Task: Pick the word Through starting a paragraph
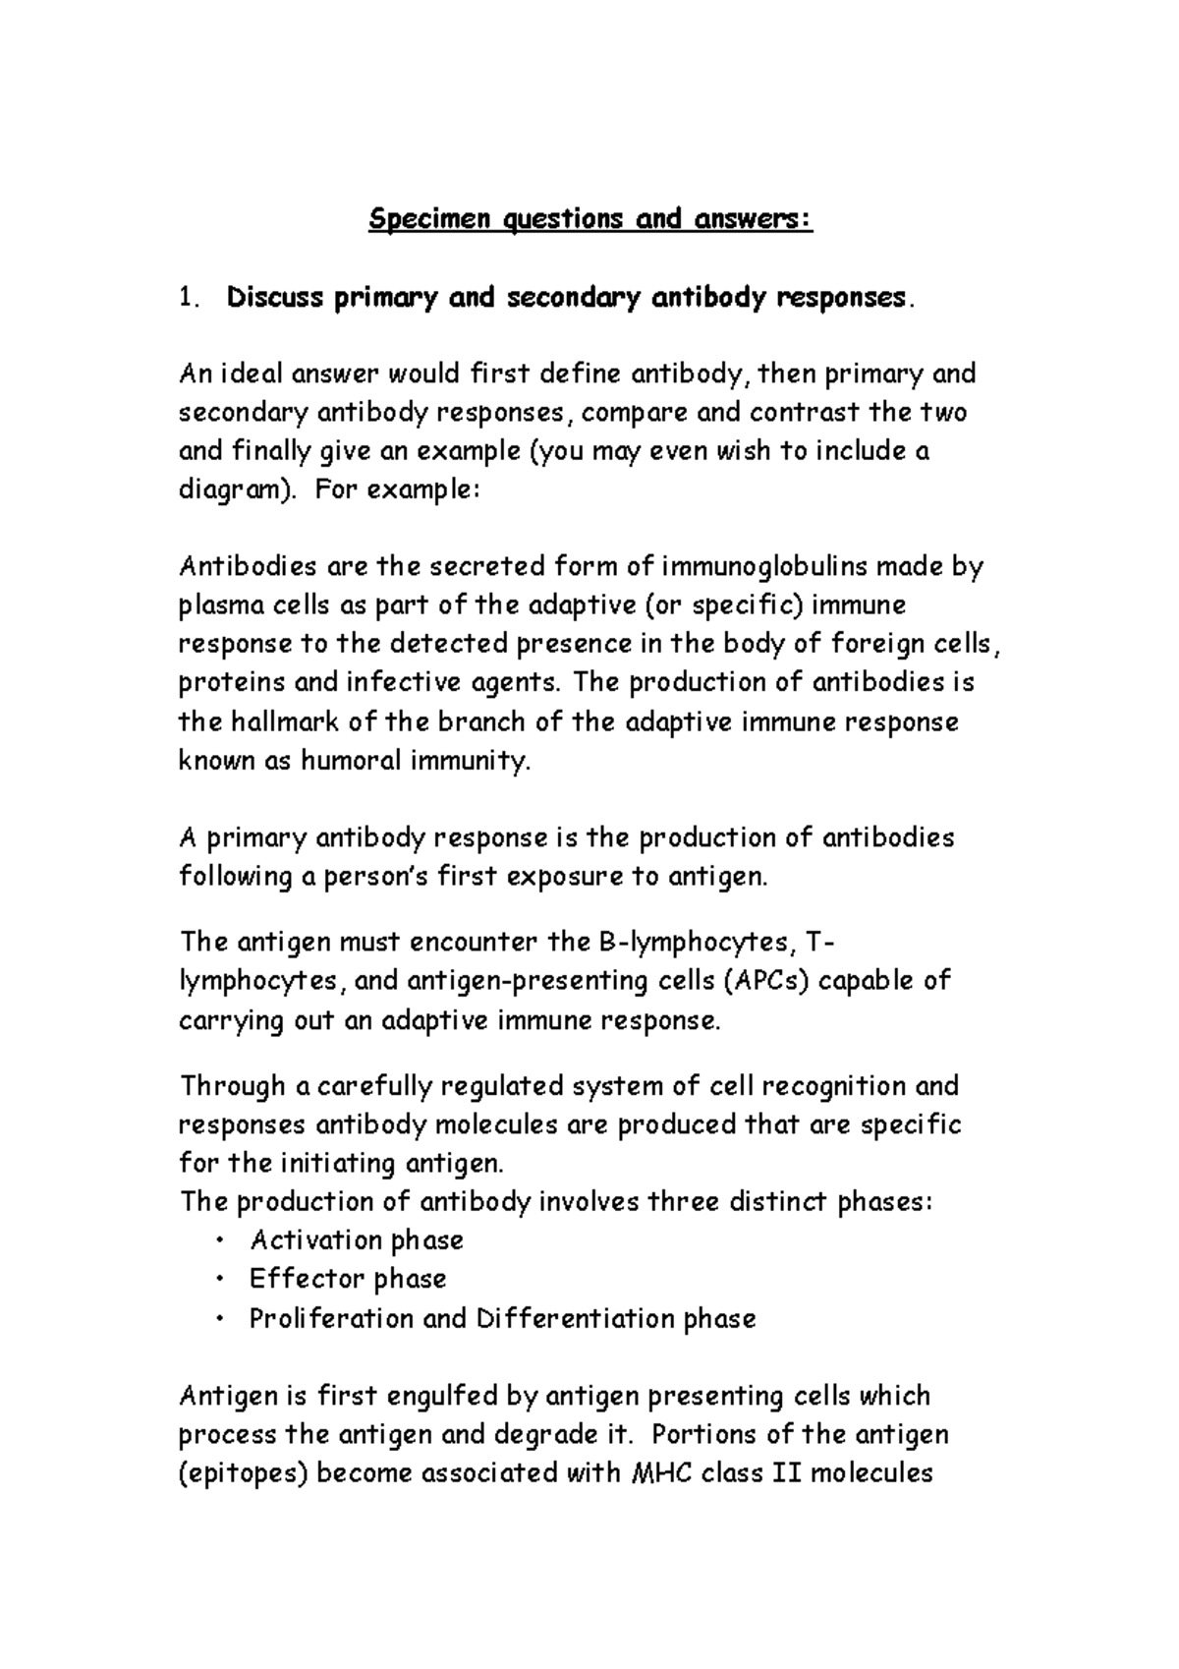(x=232, y=1087)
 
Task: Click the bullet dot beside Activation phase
(x=218, y=1241)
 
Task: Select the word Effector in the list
(x=293, y=1280)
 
